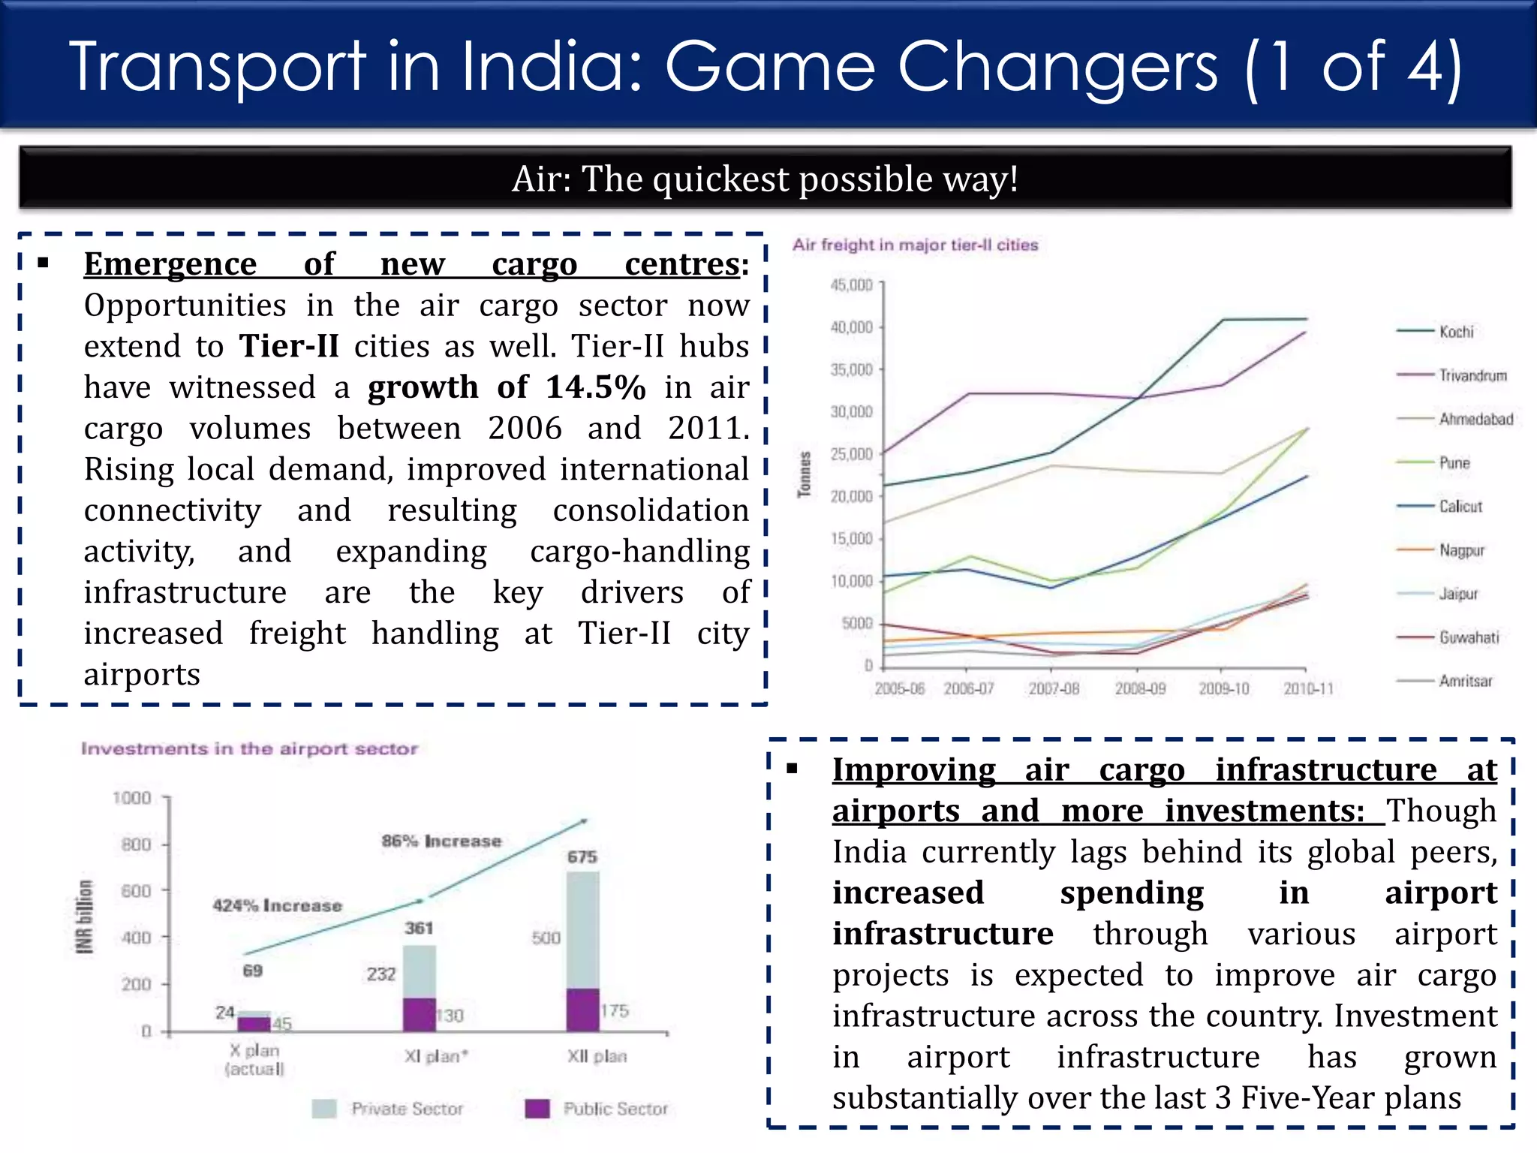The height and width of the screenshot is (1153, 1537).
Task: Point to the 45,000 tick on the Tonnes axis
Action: pyautogui.click(x=852, y=285)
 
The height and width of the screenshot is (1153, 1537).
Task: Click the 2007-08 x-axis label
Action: pyautogui.click(x=1053, y=688)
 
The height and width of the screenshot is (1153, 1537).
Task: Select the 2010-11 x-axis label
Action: pyautogui.click(x=1308, y=688)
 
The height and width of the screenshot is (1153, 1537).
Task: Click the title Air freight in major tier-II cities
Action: pyautogui.click(x=915, y=245)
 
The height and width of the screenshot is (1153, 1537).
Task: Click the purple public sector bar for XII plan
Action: pyautogui.click(x=582, y=1010)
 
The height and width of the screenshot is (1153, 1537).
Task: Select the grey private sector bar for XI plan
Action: pyautogui.click(x=419, y=971)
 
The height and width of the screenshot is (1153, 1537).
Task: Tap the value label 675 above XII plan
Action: pyautogui.click(x=582, y=857)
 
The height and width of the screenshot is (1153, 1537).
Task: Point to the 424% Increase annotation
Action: pyautogui.click(x=277, y=906)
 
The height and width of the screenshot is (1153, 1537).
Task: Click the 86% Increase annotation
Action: pyautogui.click(x=441, y=841)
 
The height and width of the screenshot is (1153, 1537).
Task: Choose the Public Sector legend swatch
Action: pyautogui.click(x=537, y=1109)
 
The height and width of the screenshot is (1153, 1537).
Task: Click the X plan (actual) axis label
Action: pyautogui.click(x=254, y=1059)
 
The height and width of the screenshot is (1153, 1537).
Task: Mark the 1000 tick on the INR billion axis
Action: pyautogui.click(x=132, y=798)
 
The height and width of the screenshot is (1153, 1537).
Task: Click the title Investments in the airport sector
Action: pyautogui.click(x=249, y=748)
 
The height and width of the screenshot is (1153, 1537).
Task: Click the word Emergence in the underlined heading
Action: pyautogui.click(x=170, y=264)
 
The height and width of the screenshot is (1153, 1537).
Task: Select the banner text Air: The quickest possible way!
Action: pyautogui.click(x=765, y=179)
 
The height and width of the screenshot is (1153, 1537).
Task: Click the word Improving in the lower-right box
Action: pyautogui.click(x=913, y=770)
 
